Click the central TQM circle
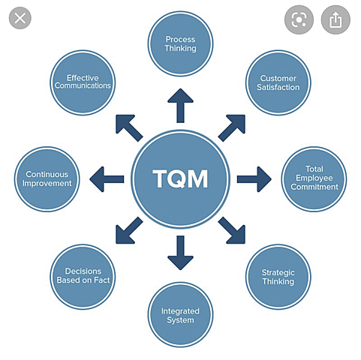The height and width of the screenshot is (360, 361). click(180, 179)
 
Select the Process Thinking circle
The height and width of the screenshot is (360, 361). click(180, 43)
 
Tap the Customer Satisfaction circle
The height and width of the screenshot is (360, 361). click(278, 82)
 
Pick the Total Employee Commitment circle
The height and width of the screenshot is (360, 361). click(314, 178)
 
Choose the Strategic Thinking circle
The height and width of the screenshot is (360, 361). click(278, 277)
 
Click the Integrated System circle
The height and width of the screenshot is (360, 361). click(180, 315)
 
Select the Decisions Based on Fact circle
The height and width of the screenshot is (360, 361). click(83, 276)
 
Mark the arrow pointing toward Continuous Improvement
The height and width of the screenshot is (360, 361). click(106, 179)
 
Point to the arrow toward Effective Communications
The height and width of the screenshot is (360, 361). click(128, 127)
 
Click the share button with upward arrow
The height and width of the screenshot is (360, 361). click(335, 19)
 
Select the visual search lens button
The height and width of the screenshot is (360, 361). click(299, 19)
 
